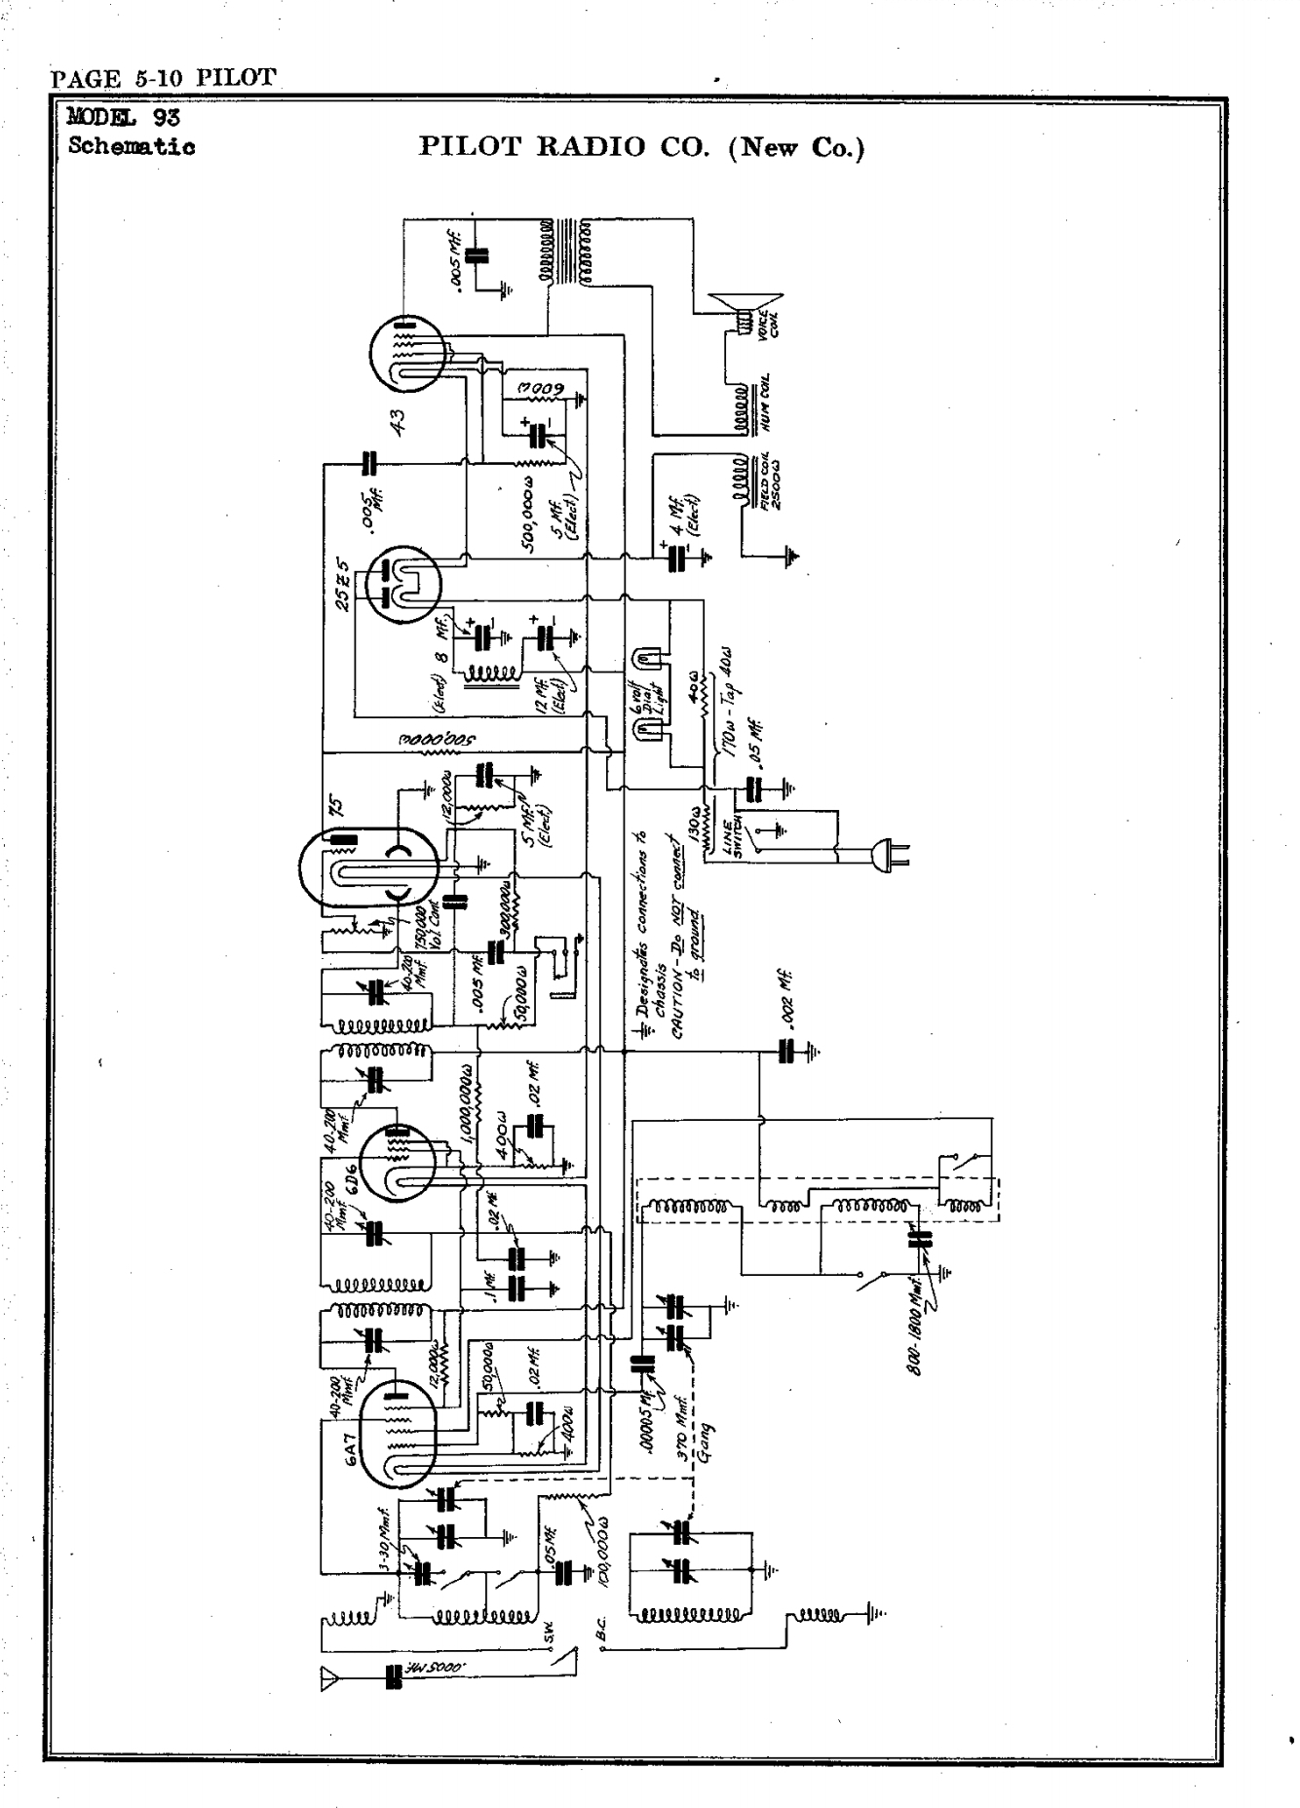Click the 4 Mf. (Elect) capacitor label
[688, 510]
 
